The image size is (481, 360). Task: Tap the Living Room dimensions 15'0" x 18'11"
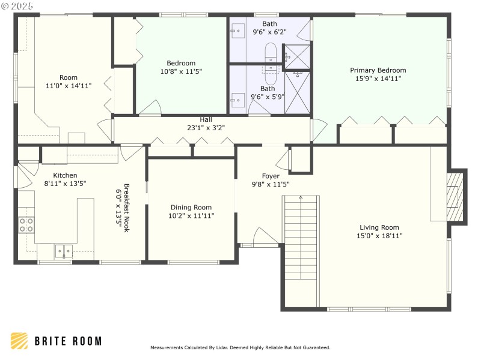click(x=379, y=236)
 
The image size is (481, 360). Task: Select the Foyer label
click(x=271, y=176)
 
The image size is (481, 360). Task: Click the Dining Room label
click(x=191, y=207)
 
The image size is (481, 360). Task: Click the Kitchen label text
click(x=65, y=175)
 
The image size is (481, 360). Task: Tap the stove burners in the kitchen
click(x=26, y=225)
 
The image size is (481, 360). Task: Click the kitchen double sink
click(x=64, y=251)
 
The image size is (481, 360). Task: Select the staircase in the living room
click(x=301, y=237)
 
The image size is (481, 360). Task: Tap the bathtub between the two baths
click(x=271, y=65)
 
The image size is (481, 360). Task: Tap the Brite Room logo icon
click(x=19, y=341)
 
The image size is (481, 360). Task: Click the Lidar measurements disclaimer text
click(x=240, y=347)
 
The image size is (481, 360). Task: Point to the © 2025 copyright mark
click(x=18, y=5)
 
